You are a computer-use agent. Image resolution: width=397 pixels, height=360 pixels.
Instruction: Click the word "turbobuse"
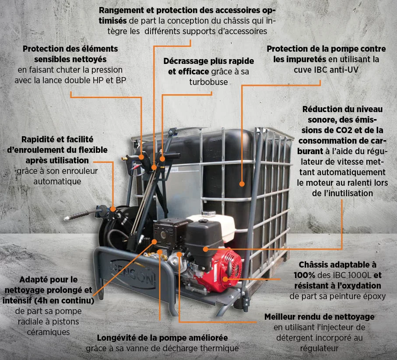[208, 82]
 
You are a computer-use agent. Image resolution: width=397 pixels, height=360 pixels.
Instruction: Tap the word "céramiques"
[48, 332]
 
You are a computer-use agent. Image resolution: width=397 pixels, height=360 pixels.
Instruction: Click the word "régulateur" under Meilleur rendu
[319, 349]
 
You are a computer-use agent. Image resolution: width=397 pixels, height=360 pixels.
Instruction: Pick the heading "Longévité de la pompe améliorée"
[162, 338]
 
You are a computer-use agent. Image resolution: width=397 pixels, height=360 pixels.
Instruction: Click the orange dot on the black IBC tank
[242, 184]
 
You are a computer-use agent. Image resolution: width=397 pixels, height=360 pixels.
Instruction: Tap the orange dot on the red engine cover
[225, 279]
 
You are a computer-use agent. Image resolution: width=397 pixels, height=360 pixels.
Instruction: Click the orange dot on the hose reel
[113, 209]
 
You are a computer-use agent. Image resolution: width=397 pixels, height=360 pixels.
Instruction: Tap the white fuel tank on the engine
[215, 227]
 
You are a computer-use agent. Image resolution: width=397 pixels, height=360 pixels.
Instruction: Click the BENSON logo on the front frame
[134, 274]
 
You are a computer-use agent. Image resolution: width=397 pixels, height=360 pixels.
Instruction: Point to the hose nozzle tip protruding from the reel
[67, 218]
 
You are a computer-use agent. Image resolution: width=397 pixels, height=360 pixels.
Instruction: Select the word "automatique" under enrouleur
[57, 182]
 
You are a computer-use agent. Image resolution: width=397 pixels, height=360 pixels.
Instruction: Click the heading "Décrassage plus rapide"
[209, 61]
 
